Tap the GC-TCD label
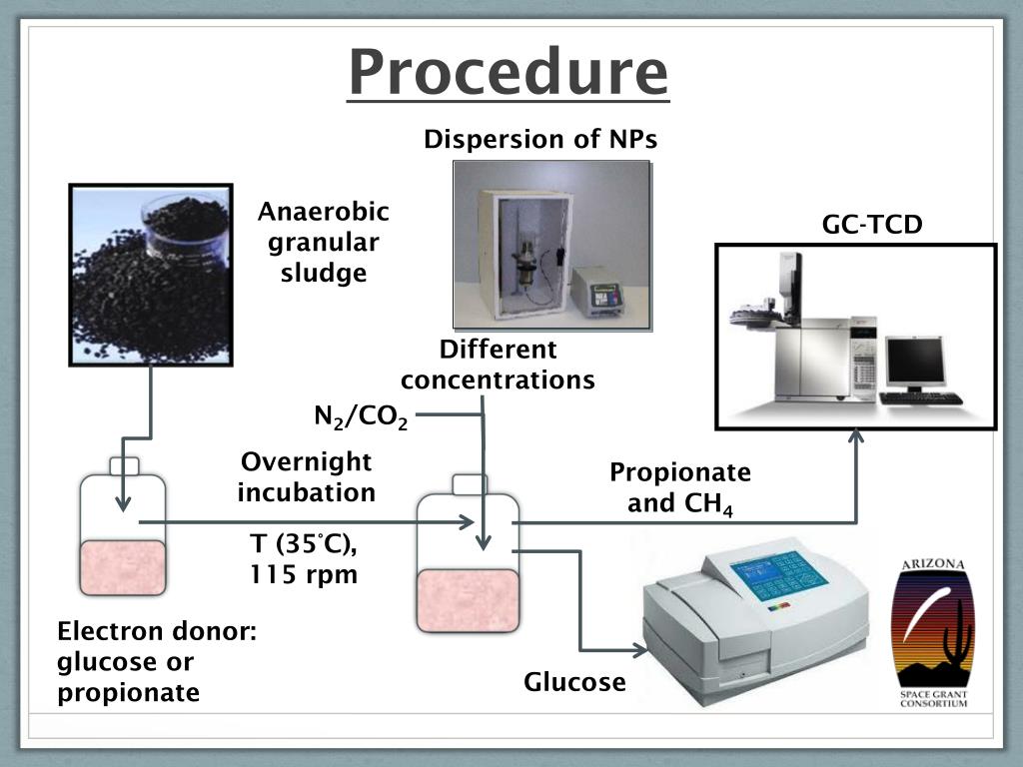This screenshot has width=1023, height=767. point(871,225)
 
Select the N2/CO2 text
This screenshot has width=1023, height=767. point(361,417)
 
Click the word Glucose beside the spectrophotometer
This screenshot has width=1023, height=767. point(574,682)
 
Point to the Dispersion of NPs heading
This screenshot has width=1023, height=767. point(540,139)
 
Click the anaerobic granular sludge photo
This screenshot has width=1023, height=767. point(151,275)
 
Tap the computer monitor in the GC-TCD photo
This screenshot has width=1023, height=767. point(915,361)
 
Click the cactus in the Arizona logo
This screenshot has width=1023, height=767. point(954,636)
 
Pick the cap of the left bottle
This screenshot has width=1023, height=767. point(124,466)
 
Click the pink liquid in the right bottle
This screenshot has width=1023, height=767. point(469,600)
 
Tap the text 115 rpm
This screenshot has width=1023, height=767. point(304,574)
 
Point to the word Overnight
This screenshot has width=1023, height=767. point(306,461)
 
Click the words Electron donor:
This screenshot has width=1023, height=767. point(157,631)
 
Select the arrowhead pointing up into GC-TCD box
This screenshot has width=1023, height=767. point(856,435)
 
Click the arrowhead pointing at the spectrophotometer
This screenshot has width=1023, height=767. point(640,649)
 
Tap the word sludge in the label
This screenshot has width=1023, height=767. point(324,273)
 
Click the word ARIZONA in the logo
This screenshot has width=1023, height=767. point(933,563)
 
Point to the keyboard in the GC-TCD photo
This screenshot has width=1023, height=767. point(920,397)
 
